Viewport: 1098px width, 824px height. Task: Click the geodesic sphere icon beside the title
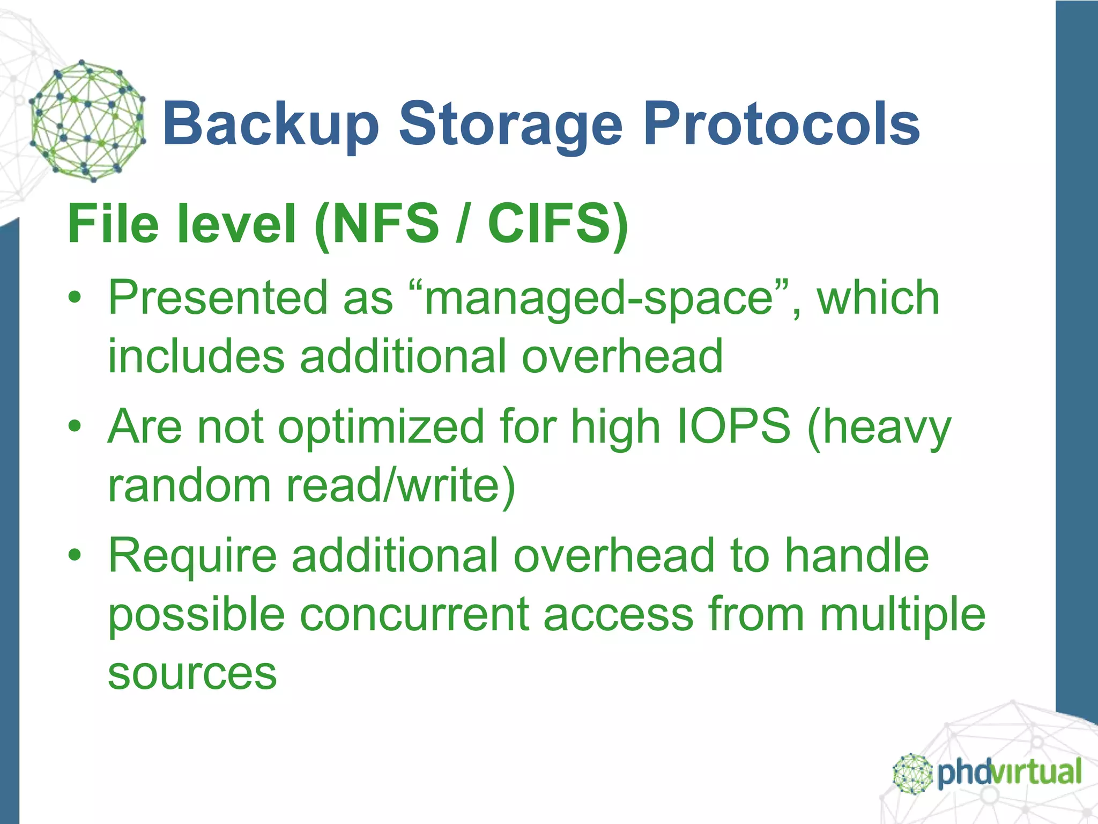pos(87,121)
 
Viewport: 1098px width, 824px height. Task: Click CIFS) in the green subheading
pos(558,224)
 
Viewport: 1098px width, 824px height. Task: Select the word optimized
pos(381,428)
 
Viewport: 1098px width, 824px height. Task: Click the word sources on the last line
pos(192,673)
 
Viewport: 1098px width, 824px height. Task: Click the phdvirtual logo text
pos(1008,772)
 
